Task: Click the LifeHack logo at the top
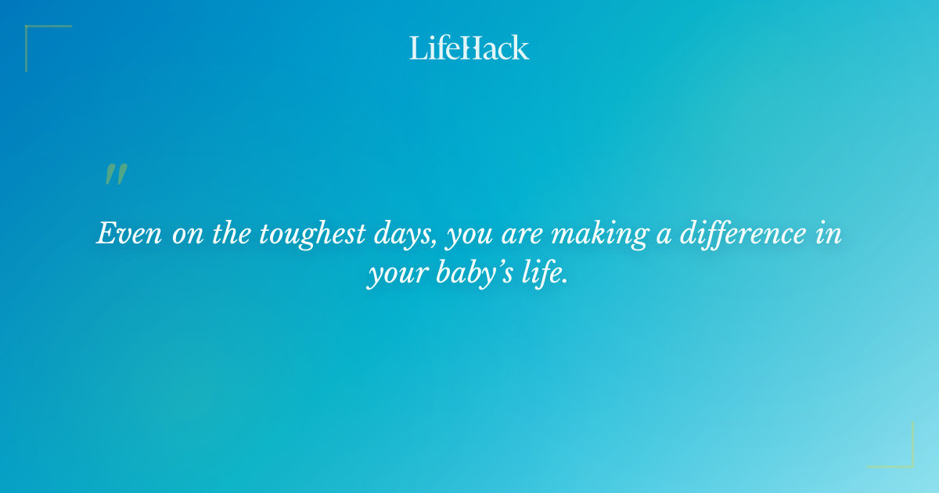(x=469, y=48)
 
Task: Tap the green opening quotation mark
(x=116, y=175)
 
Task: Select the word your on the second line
(x=394, y=277)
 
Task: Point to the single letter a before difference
(x=663, y=236)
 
